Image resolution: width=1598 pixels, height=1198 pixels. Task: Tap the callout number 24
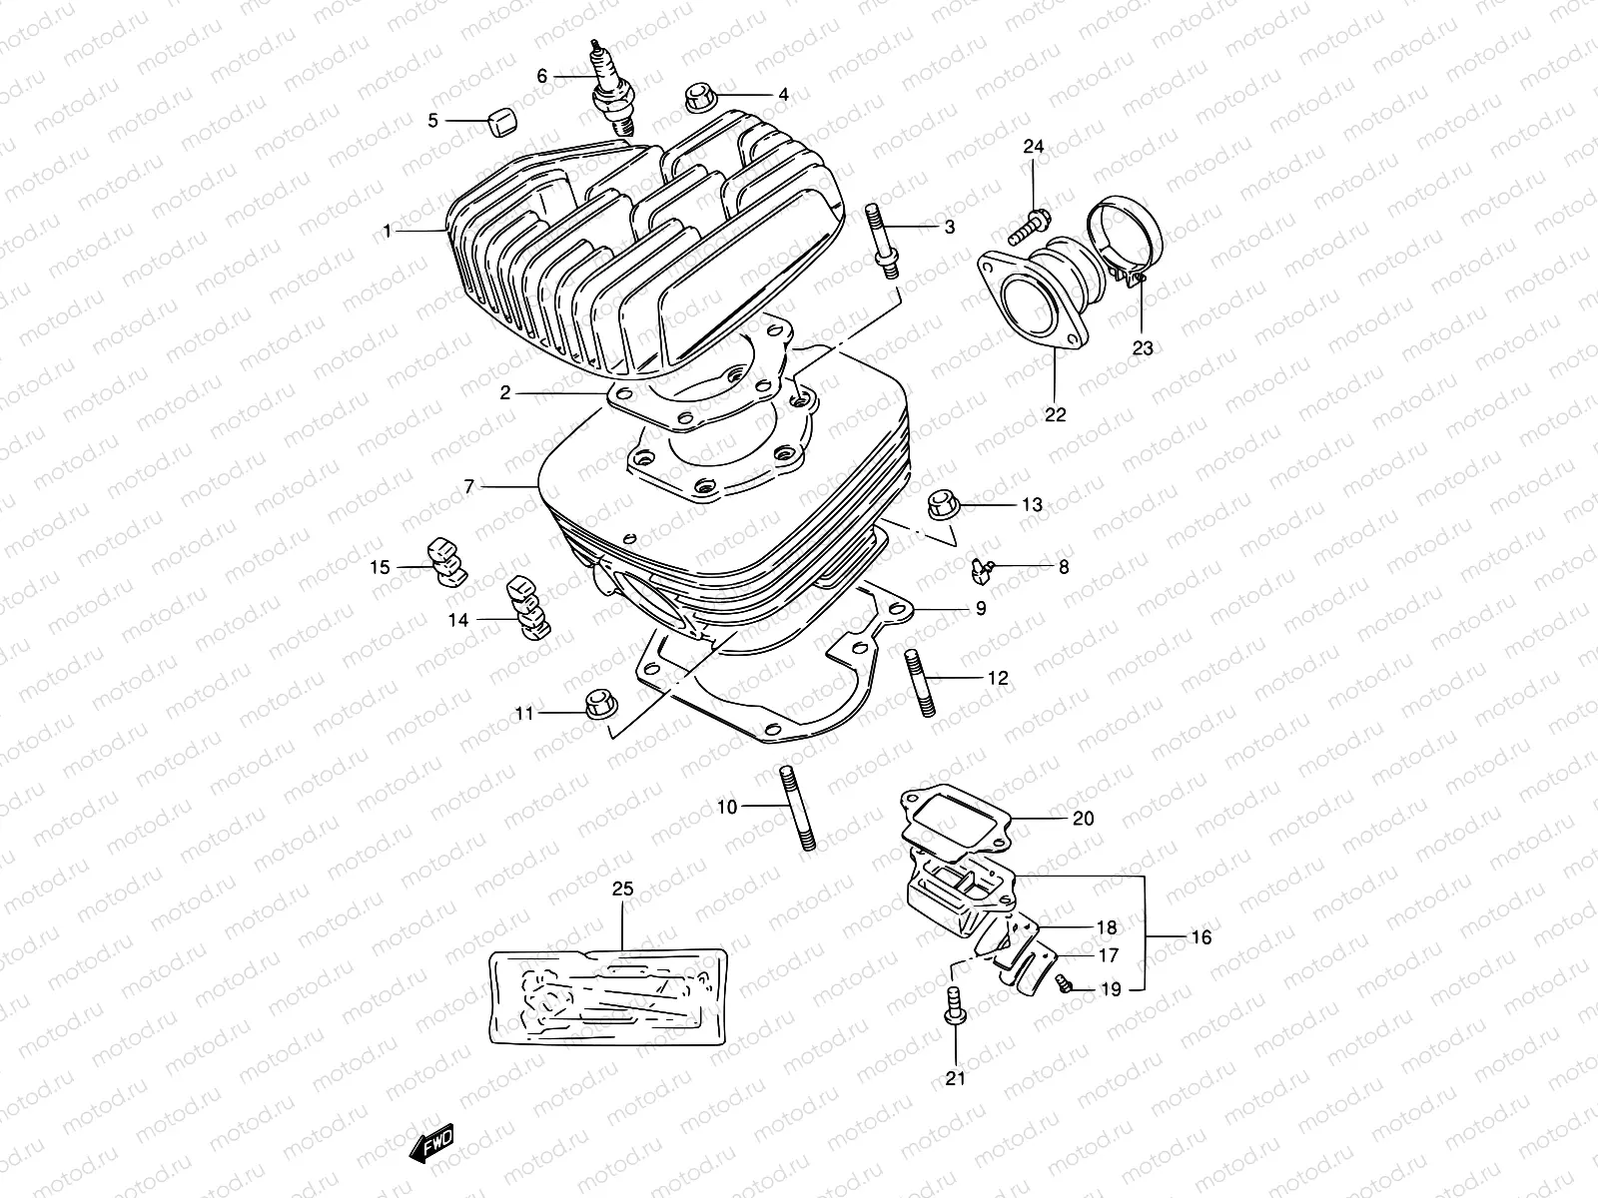1033,147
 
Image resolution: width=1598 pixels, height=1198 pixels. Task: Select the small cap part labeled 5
502,122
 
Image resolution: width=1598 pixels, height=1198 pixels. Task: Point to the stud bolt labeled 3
885,240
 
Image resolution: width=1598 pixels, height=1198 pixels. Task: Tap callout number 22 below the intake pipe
1056,414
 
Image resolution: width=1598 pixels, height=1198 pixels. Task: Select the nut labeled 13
942,503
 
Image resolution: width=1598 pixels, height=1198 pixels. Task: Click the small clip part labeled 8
982,570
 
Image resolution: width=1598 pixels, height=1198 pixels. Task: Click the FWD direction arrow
431,1143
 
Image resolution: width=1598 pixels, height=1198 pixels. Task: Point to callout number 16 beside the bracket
1200,937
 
